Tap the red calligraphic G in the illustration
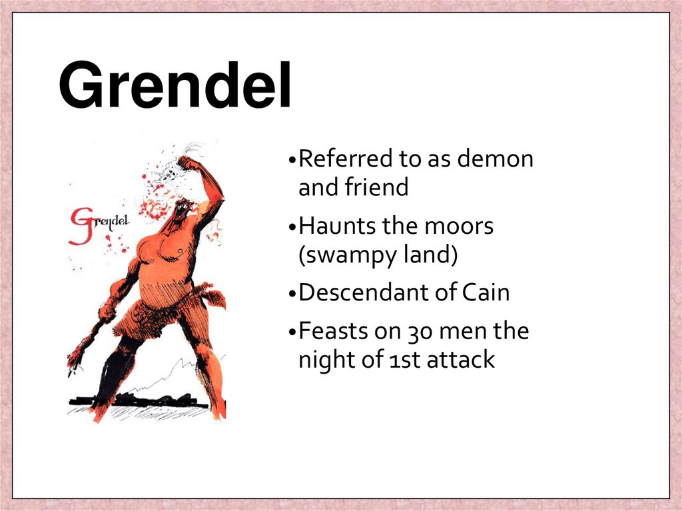click(x=81, y=225)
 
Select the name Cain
click(x=486, y=292)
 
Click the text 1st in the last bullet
click(x=402, y=360)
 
